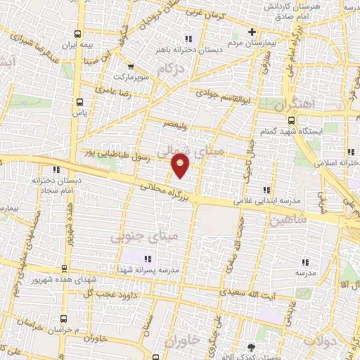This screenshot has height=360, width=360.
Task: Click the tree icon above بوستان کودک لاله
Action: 252,347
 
